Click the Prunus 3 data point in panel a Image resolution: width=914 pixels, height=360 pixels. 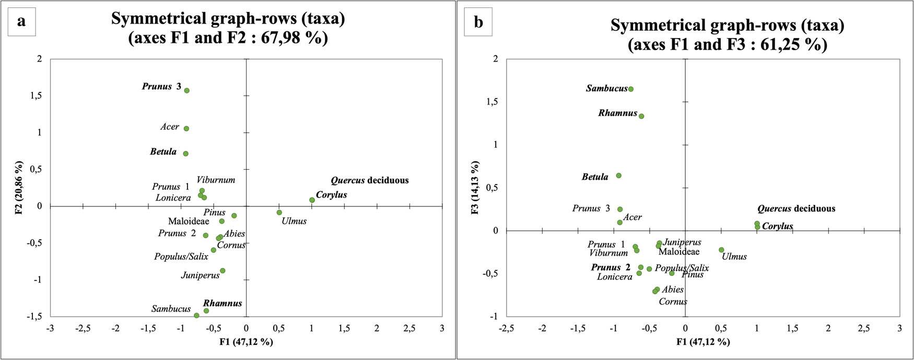pos(186,90)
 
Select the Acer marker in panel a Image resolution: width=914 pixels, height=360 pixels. pos(186,129)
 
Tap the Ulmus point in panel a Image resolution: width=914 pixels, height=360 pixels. pos(279,213)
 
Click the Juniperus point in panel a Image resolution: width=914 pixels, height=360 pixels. pos(222,271)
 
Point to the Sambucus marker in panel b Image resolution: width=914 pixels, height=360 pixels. pos(631,89)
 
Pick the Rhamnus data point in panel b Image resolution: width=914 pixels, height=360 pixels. pos(641,116)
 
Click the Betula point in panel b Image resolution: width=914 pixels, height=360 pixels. pos(619,176)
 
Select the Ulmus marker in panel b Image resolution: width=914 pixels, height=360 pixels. pos(721,250)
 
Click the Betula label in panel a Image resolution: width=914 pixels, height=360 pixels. pos(163,152)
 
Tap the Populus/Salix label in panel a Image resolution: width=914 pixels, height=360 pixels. pos(181,257)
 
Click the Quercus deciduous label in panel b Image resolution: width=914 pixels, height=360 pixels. pos(796,209)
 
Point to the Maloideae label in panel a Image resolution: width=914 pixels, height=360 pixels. pos(189,222)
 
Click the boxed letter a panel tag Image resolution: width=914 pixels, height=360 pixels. pos(21,21)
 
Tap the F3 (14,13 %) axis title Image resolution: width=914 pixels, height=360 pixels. pos(475,187)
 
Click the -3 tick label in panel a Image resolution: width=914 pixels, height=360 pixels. pos(50,329)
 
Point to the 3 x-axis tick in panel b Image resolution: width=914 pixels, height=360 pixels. pos(899,329)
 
